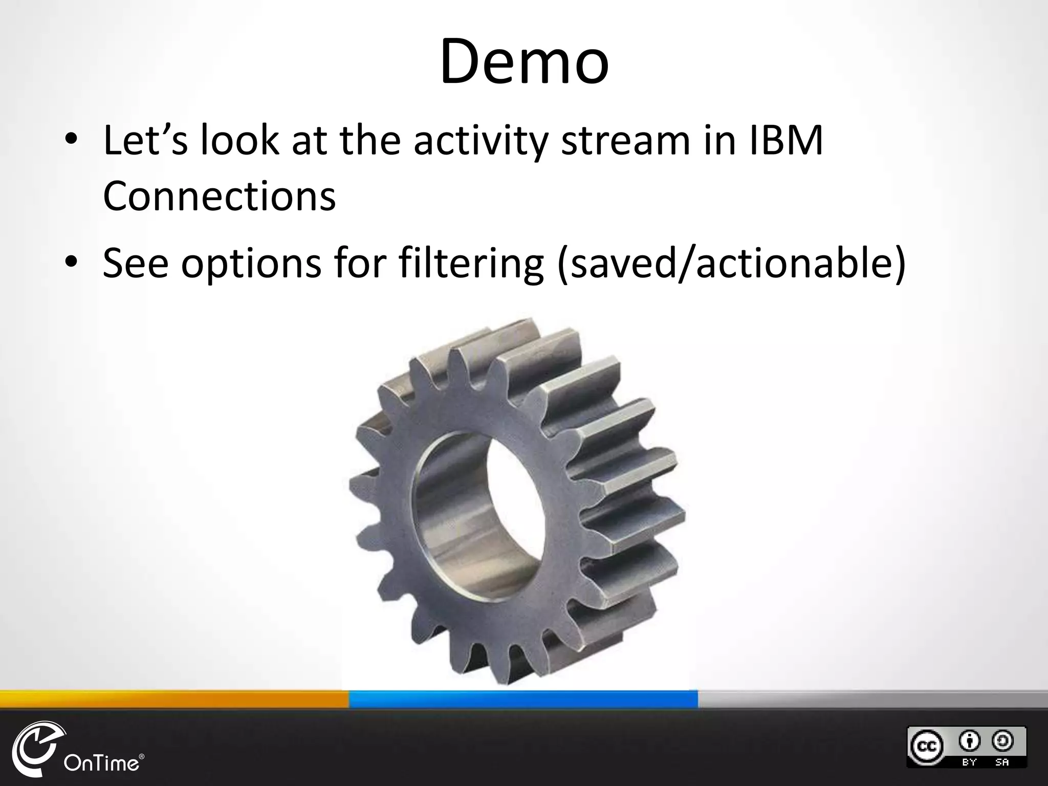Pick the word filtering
[x=471, y=264]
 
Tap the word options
[x=251, y=264]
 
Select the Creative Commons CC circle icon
[x=926, y=747]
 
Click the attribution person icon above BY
[x=970, y=740]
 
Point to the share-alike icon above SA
[x=1002, y=740]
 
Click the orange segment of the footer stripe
[x=174, y=699]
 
